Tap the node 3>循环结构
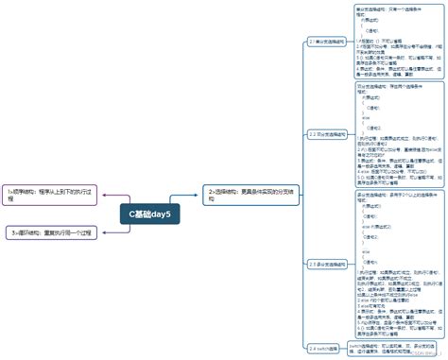click(54, 231)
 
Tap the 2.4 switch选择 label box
click(324, 348)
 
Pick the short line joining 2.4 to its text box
click(347, 348)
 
